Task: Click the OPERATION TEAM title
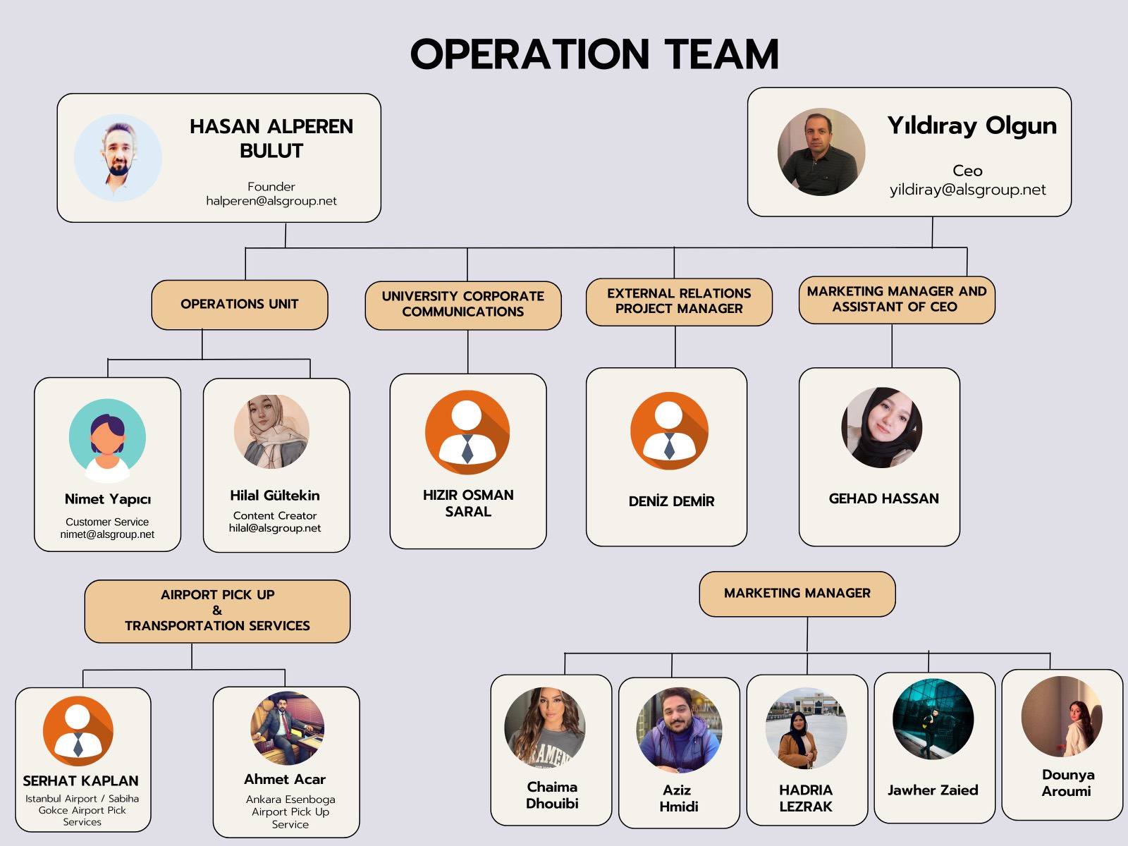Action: [x=594, y=54]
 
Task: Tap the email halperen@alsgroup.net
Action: [x=271, y=201]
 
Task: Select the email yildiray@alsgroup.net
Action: [x=968, y=190]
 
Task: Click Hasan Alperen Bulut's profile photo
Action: [x=118, y=158]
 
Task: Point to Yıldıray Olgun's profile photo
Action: [x=821, y=152]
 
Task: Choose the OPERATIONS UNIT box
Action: [x=240, y=305]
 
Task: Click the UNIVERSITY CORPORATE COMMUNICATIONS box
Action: [x=463, y=305]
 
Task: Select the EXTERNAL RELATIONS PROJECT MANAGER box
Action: [x=679, y=302]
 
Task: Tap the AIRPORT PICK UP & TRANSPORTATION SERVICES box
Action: [x=217, y=611]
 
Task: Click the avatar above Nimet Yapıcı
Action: [x=107, y=440]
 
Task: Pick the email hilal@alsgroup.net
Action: [x=275, y=528]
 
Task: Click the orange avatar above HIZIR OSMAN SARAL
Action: [x=467, y=432]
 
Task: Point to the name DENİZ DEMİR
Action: [x=671, y=501]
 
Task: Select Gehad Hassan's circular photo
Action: [x=882, y=427]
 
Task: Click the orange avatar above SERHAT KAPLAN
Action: [x=78, y=731]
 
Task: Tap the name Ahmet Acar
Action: [x=285, y=779]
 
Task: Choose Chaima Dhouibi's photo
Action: [x=545, y=728]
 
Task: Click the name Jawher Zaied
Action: [x=933, y=790]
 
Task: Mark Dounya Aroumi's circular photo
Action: [x=1062, y=716]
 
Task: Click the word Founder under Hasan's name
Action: [x=271, y=186]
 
